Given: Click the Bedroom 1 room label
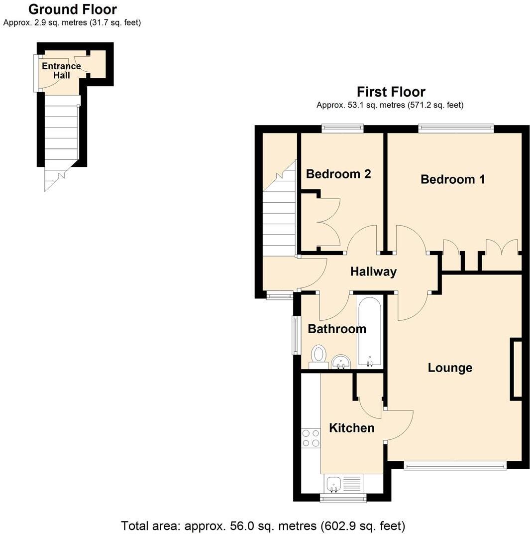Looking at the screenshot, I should pyautogui.click(x=452, y=179).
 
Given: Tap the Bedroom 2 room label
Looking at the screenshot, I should pyautogui.click(x=338, y=174).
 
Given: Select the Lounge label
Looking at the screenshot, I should pyautogui.click(x=450, y=368).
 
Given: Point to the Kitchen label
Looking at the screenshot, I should pyautogui.click(x=352, y=428).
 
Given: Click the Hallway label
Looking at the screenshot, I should pyautogui.click(x=373, y=271).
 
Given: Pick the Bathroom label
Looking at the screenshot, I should pyautogui.click(x=337, y=329).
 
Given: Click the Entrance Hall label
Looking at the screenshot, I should pyautogui.click(x=61, y=71).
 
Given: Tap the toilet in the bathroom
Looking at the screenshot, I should pyautogui.click(x=318, y=356).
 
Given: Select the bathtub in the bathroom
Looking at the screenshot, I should pyautogui.click(x=369, y=331).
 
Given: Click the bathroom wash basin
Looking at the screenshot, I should pyautogui.click(x=341, y=361).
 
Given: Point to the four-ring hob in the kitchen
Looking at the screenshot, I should pyautogui.click(x=311, y=438).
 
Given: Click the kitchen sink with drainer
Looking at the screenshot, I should pyautogui.click(x=344, y=483).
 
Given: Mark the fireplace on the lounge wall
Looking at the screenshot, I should pyautogui.click(x=516, y=369).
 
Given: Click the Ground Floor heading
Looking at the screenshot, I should pyautogui.click(x=72, y=9).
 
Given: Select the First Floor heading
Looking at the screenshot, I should pyautogui.click(x=391, y=92).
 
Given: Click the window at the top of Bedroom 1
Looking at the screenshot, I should pyautogui.click(x=456, y=128).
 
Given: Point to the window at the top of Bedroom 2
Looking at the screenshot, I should pyautogui.click(x=342, y=128).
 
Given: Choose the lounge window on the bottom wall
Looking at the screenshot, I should pyautogui.click(x=455, y=466).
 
